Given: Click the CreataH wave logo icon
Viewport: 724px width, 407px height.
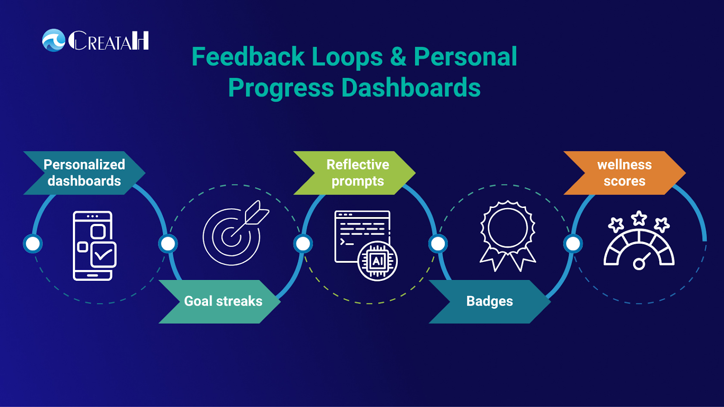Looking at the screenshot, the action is (x=54, y=40).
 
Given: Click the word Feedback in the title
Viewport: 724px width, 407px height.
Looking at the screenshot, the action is (x=248, y=57).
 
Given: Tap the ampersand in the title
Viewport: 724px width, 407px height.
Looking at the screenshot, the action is (x=398, y=57).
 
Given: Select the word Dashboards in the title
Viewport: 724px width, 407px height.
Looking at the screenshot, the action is (x=411, y=88).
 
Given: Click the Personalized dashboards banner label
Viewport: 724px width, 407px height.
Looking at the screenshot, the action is (x=84, y=173).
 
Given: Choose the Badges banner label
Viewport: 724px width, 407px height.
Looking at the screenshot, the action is (x=490, y=302).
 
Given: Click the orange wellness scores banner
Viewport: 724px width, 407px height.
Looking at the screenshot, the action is (x=624, y=173).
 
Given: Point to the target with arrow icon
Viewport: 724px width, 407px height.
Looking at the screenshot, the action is (x=236, y=233).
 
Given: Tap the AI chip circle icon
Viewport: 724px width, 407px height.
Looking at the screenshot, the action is (x=377, y=261).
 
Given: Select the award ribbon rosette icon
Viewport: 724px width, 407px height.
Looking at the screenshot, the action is (x=508, y=236).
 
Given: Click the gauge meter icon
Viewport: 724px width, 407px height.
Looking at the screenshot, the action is (x=639, y=249).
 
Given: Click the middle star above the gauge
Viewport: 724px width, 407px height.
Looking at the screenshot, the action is (x=639, y=218).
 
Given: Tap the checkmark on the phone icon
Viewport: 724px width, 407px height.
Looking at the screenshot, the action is (x=104, y=255).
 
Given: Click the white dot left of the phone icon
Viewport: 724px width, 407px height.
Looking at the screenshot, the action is (x=33, y=244).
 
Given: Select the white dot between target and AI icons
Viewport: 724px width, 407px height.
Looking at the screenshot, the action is (x=303, y=244).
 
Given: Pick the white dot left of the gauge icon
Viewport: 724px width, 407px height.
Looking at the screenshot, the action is (x=573, y=244).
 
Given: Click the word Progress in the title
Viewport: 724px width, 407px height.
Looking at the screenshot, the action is (x=281, y=88).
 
